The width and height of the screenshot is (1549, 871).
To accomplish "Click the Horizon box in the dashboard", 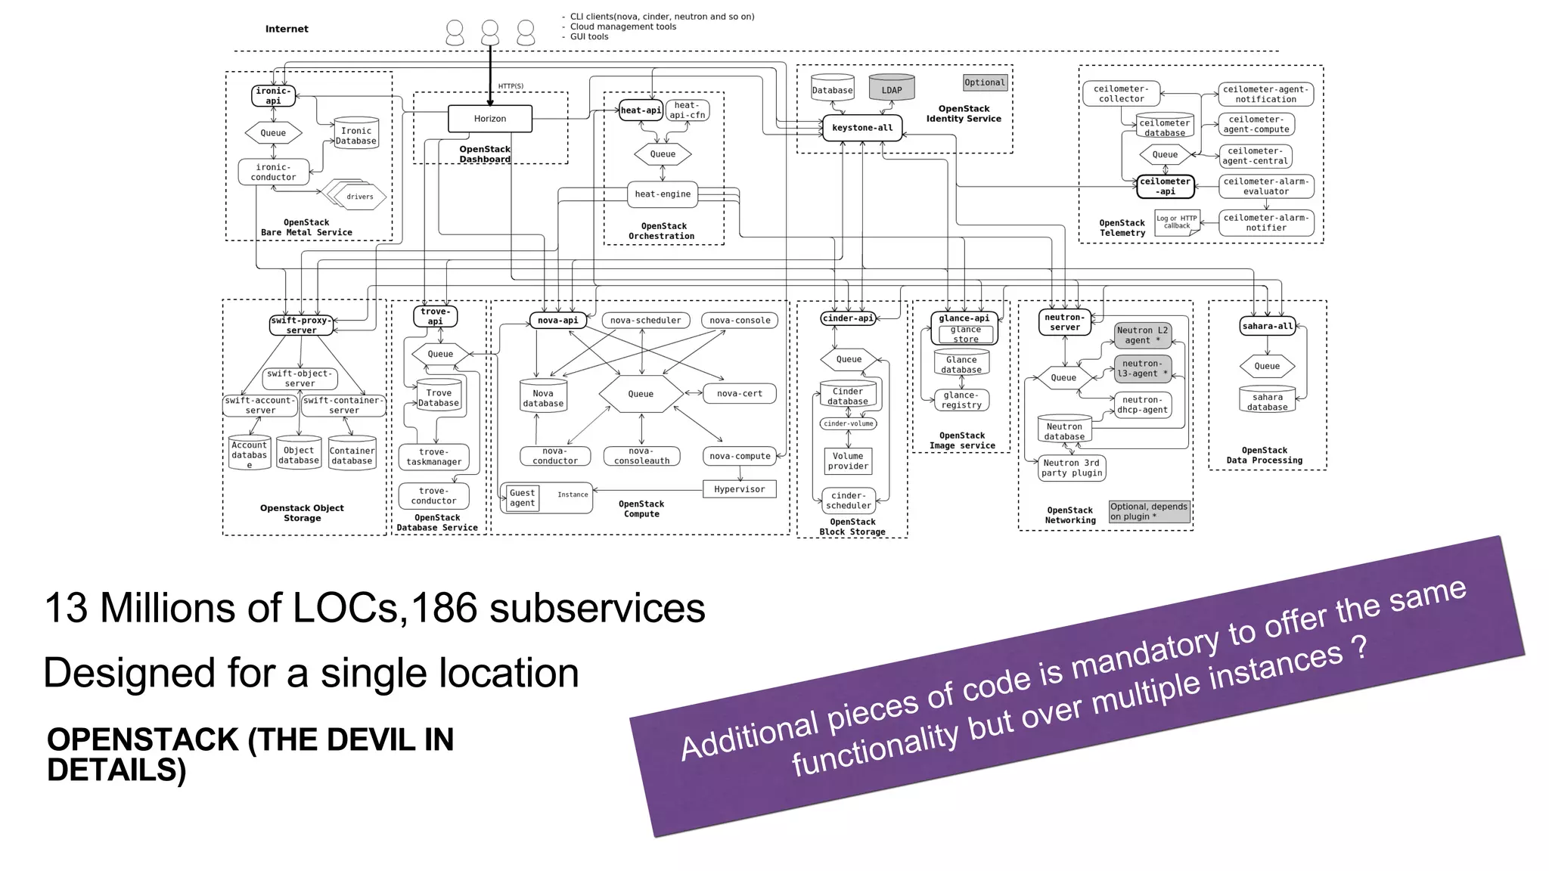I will click(490, 119).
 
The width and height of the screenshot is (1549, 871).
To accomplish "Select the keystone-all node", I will click(862, 128).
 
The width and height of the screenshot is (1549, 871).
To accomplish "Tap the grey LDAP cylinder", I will click(891, 89).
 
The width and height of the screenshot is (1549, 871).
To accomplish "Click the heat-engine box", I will click(662, 194).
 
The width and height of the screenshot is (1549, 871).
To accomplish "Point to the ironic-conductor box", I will click(273, 172).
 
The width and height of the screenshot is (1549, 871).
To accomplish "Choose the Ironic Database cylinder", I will click(355, 135).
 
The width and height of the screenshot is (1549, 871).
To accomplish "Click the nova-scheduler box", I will click(645, 321).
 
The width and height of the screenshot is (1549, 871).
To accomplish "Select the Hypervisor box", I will click(739, 489).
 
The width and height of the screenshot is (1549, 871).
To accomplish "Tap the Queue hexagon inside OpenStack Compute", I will click(641, 394).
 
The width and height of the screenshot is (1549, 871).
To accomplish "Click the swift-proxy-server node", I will click(301, 325).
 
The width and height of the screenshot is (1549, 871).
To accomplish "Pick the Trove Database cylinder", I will click(439, 397).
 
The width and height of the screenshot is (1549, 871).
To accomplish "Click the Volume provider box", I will click(848, 461).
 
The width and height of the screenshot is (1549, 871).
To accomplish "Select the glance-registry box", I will click(961, 400).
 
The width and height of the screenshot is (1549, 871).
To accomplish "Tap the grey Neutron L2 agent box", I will click(1142, 335).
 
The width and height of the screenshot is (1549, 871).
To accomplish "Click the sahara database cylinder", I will click(1267, 401).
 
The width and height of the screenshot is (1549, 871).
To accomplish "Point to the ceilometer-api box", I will click(1165, 186).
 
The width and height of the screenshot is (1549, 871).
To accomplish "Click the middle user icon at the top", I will click(490, 33).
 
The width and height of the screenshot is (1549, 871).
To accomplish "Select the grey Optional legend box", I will click(985, 82).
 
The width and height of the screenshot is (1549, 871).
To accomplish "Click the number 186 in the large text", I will click(442, 608).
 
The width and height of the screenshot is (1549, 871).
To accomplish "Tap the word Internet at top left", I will click(287, 29).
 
